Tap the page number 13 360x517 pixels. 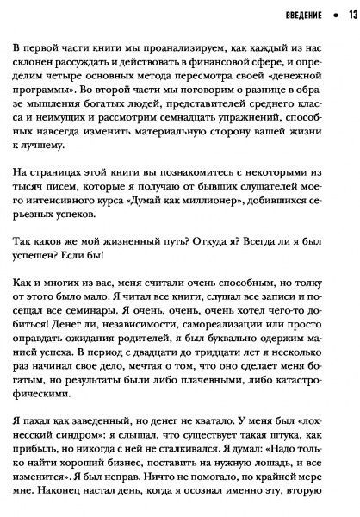(353, 15)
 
